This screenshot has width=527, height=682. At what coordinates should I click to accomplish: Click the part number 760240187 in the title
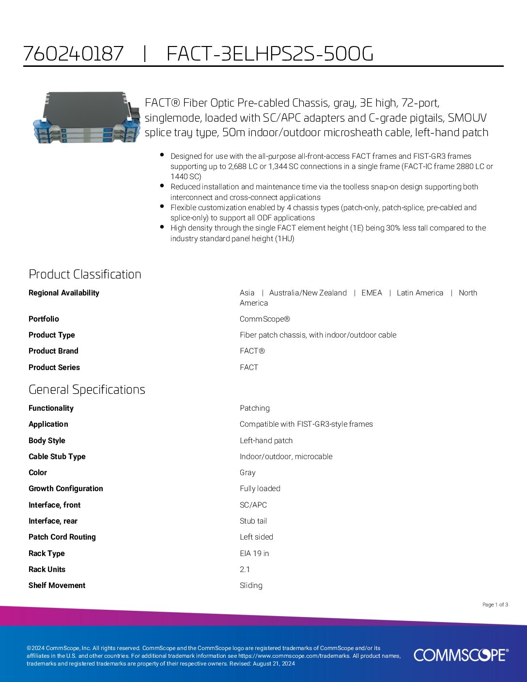click(74, 53)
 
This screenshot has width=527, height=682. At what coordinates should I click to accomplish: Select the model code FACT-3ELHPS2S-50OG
click(270, 53)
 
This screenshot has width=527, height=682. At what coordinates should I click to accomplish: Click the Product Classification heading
click(85, 274)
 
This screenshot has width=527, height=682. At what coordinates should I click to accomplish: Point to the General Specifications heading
click(87, 389)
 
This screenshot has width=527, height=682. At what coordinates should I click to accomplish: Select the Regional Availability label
click(64, 293)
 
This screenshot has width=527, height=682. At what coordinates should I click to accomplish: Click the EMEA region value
click(372, 293)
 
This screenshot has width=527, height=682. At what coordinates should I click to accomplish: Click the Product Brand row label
click(53, 351)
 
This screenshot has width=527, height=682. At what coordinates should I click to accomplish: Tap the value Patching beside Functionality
click(254, 408)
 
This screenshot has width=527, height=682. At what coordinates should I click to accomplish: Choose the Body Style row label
click(47, 440)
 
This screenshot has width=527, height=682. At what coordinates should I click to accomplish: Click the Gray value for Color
click(248, 472)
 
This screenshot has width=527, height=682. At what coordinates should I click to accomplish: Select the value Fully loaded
click(260, 488)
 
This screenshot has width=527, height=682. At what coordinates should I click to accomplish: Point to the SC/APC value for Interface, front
click(253, 505)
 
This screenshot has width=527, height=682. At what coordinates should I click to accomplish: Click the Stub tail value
click(253, 521)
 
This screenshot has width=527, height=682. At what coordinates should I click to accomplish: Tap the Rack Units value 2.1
click(245, 569)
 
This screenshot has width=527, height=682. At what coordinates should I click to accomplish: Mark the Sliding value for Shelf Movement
click(251, 585)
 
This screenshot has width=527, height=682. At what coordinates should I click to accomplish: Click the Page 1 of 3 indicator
click(495, 604)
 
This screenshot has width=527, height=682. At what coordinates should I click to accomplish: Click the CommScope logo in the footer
click(461, 655)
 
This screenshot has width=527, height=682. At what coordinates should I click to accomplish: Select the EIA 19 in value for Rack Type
click(254, 553)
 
